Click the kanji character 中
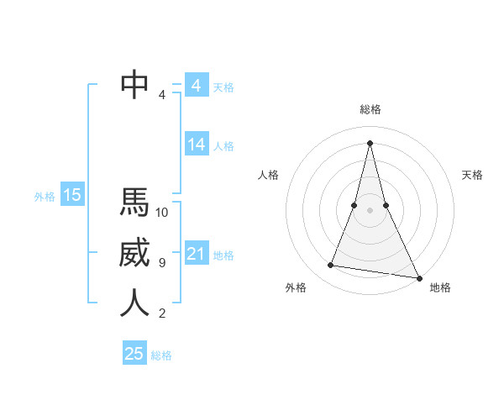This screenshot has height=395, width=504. point(134,83)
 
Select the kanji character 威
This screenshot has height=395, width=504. point(134,253)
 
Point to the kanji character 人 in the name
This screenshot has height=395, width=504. point(134,303)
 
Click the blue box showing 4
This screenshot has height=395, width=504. point(196,86)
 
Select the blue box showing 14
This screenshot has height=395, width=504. point(196,145)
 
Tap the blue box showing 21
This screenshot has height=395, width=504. point(196,254)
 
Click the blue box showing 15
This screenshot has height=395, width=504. point(72,196)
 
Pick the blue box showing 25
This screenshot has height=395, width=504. point(134,354)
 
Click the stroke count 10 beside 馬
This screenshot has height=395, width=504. point(162,212)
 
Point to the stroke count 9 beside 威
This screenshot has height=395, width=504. point(162,263)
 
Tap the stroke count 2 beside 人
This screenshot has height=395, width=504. point(162,313)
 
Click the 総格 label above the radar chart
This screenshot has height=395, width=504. point(370,109)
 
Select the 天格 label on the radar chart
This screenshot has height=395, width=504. point(473,175)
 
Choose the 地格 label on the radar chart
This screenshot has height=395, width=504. point(440,287)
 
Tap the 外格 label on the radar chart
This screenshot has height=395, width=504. point(296,287)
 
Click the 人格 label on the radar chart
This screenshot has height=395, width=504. point(268,175)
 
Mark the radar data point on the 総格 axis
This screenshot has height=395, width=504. point(370,142)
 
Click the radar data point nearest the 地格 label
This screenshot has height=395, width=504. point(418,277)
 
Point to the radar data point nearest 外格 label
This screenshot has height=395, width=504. point(331,266)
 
